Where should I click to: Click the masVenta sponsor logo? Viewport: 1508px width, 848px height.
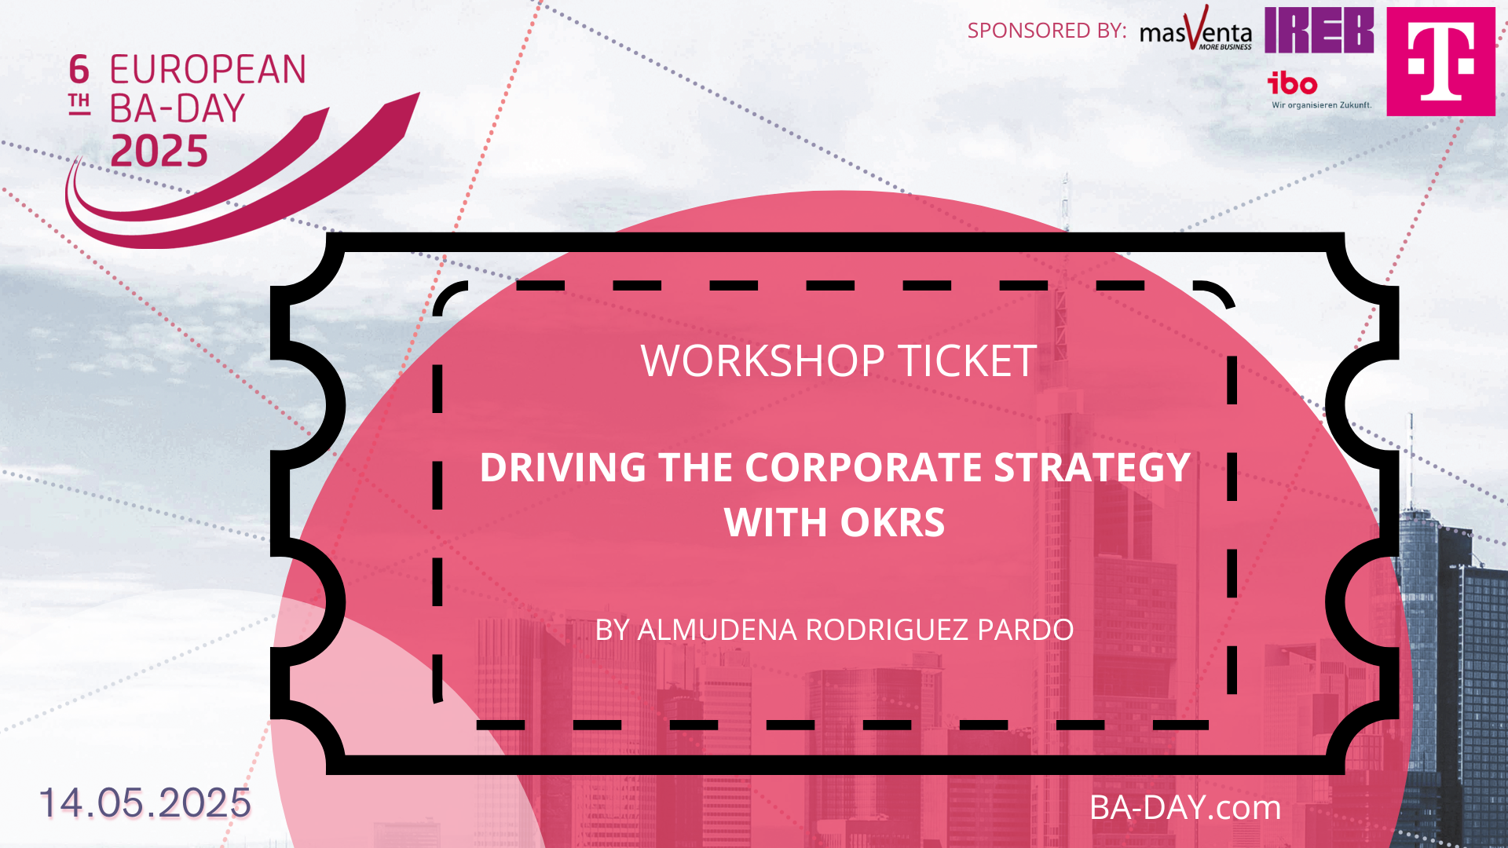coord(1195,29)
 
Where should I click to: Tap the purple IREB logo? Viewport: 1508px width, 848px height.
coord(1319,30)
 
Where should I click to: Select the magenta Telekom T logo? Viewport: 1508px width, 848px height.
coord(1440,61)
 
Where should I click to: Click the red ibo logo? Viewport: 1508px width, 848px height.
coord(1292,82)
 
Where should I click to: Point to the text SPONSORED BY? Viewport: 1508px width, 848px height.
coord(1046,31)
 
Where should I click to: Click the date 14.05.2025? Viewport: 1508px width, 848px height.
coord(145,802)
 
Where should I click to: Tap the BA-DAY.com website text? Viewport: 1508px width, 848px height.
coord(1185,807)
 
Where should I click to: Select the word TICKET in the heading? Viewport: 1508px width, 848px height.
coord(968,361)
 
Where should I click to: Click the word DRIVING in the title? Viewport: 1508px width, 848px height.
coord(563,467)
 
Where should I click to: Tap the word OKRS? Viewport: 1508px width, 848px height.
coord(892,522)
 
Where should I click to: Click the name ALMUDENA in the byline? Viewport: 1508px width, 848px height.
coord(717,630)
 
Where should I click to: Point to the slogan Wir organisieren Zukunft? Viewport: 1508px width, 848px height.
coord(1321,104)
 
